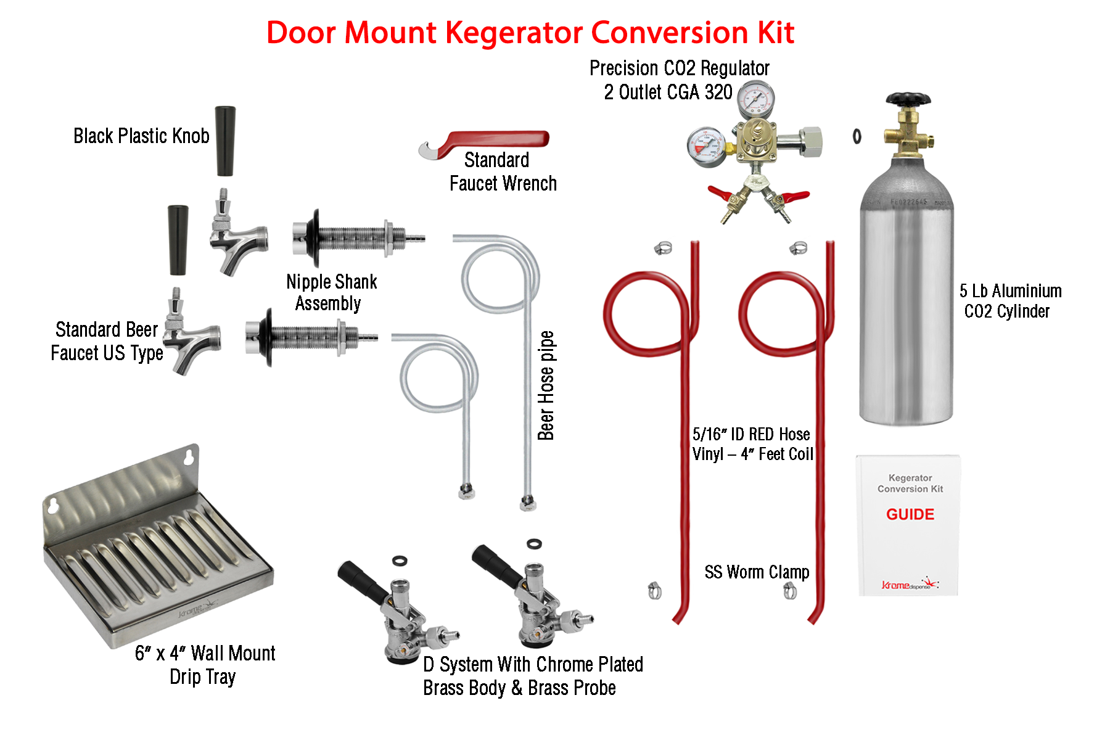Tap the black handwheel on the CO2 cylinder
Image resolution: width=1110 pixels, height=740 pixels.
point(907,99)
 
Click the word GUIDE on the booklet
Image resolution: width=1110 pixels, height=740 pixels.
point(910,514)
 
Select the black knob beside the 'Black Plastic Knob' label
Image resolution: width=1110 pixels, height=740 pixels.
point(225,141)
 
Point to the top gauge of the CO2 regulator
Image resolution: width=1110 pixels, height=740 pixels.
point(756,99)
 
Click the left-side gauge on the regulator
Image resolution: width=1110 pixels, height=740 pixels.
point(705,146)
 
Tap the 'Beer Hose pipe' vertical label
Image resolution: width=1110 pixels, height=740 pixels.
point(546,385)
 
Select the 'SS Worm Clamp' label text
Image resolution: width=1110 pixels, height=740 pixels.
point(757,572)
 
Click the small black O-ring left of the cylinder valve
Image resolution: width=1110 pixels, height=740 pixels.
point(857,136)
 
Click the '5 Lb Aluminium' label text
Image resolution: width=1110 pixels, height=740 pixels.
point(1010,291)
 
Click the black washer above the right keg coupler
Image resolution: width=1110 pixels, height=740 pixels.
point(534,544)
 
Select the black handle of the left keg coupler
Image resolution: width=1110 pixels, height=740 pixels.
point(363,582)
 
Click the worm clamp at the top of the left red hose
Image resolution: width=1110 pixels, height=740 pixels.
point(663,248)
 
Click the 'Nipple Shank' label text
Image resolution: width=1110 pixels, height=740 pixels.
point(331,282)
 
